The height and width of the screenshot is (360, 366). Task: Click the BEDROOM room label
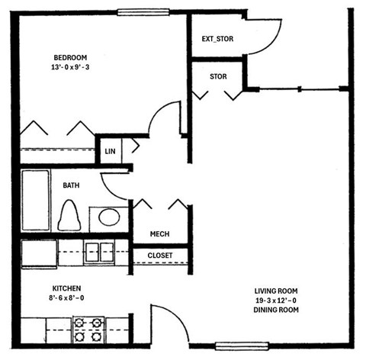(x=70, y=57)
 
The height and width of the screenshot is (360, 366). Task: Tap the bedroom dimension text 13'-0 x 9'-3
(x=70, y=67)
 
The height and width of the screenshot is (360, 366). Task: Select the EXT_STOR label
(x=217, y=39)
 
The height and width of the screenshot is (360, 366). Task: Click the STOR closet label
(x=219, y=76)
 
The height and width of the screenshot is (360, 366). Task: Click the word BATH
(x=71, y=185)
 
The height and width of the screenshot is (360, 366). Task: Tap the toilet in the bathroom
(x=69, y=216)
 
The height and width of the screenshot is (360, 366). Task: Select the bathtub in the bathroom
(x=35, y=201)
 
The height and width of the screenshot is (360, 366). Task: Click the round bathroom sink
(x=109, y=217)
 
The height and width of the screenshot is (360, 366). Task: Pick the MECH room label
(x=159, y=234)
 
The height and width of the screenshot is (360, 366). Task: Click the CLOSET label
(x=160, y=256)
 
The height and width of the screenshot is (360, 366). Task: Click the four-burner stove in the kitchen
(x=88, y=329)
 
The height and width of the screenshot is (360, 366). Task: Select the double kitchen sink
(x=98, y=252)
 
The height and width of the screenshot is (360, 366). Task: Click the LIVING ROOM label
(x=277, y=291)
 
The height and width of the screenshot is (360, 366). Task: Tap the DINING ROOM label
(x=277, y=310)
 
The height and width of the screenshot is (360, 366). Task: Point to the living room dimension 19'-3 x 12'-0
(x=277, y=301)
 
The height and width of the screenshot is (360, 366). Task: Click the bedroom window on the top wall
(x=143, y=11)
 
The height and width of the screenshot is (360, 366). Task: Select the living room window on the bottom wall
(x=238, y=346)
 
